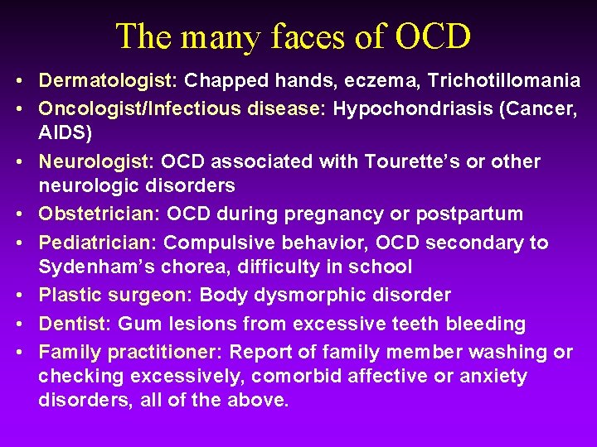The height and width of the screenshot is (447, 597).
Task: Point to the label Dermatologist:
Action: [109, 81]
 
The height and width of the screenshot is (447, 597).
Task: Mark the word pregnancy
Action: [328, 214]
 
